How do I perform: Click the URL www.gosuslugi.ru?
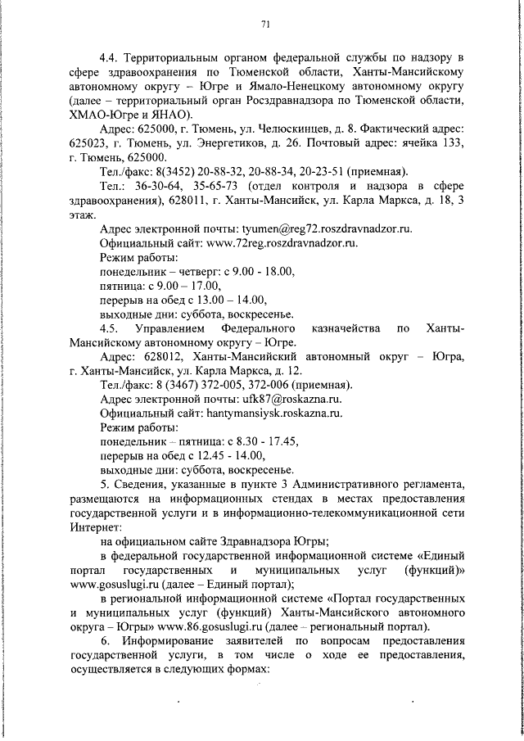[x=115, y=585]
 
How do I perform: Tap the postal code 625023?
[x=91, y=143]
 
